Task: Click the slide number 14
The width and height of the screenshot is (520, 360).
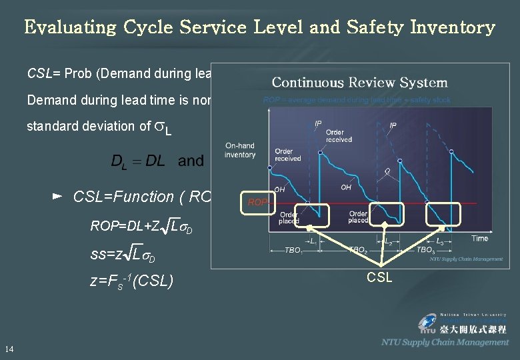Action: point(9,349)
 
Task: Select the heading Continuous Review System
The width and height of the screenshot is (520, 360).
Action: point(359,83)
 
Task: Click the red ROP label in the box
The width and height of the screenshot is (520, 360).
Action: point(256,201)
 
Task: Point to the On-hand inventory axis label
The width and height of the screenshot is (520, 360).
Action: point(240,151)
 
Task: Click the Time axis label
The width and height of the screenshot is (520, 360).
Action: point(479,238)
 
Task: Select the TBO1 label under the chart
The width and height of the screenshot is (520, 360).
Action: point(293,251)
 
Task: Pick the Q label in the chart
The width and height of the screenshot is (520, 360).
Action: point(387,170)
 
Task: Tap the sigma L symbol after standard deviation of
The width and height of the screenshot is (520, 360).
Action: point(163,128)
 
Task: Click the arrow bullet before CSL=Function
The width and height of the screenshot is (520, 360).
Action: point(57,197)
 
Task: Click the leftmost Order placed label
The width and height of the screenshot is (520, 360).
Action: point(289,217)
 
